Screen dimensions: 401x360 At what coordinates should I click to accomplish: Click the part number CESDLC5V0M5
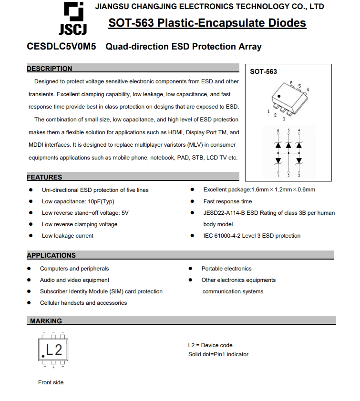[62, 47]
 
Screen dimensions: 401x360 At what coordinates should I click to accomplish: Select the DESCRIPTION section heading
[50, 69]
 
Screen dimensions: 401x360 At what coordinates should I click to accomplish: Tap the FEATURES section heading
[44, 177]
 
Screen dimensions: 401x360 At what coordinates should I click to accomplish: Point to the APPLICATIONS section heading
[51, 255]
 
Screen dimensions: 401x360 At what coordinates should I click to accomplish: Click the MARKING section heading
[46, 321]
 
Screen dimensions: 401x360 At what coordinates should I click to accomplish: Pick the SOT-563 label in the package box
[263, 71]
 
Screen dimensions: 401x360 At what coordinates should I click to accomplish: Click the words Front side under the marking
[51, 382]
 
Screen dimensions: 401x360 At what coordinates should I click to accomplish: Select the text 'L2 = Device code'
[210, 345]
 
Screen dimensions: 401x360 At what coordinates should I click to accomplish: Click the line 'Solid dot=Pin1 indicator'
[218, 354]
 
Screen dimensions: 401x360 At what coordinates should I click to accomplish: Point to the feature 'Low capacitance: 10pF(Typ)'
[78, 201]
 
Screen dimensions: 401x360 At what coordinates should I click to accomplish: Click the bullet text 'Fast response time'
[227, 201]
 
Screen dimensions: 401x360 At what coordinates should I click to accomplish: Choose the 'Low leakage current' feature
[67, 236]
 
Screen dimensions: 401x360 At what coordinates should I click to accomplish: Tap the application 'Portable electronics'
[226, 269]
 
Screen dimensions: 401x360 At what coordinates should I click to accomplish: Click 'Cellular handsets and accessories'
[83, 303]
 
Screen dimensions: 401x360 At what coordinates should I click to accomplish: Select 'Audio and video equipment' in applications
[74, 280]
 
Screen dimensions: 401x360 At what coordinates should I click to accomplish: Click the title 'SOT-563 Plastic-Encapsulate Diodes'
[207, 23]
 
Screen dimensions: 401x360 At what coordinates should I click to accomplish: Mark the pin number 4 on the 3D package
[308, 90]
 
